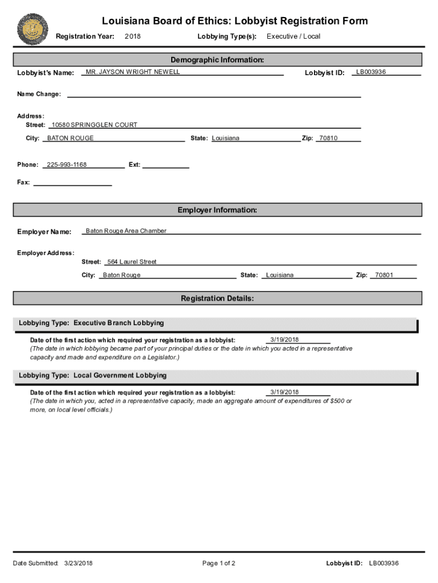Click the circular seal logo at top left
pos(33,29)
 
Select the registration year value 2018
pos(132,36)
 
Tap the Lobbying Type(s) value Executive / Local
pos(294,36)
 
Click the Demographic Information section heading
pos(217,60)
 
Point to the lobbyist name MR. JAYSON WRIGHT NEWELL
pos(133,72)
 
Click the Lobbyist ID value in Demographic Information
pos(371,72)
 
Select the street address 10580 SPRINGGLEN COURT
pos(94,125)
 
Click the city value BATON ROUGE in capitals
pos(71,138)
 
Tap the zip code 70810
pos(328,138)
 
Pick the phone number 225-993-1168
pos(67,165)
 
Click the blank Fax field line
pos(73,183)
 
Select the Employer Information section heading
pos(217,210)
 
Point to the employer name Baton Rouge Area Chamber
pos(126,231)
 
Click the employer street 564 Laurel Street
pos(132,262)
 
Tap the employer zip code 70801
pos(384,276)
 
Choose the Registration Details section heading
pos(217,298)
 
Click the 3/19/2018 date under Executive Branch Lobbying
pos(284,340)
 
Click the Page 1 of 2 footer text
pos(218,564)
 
